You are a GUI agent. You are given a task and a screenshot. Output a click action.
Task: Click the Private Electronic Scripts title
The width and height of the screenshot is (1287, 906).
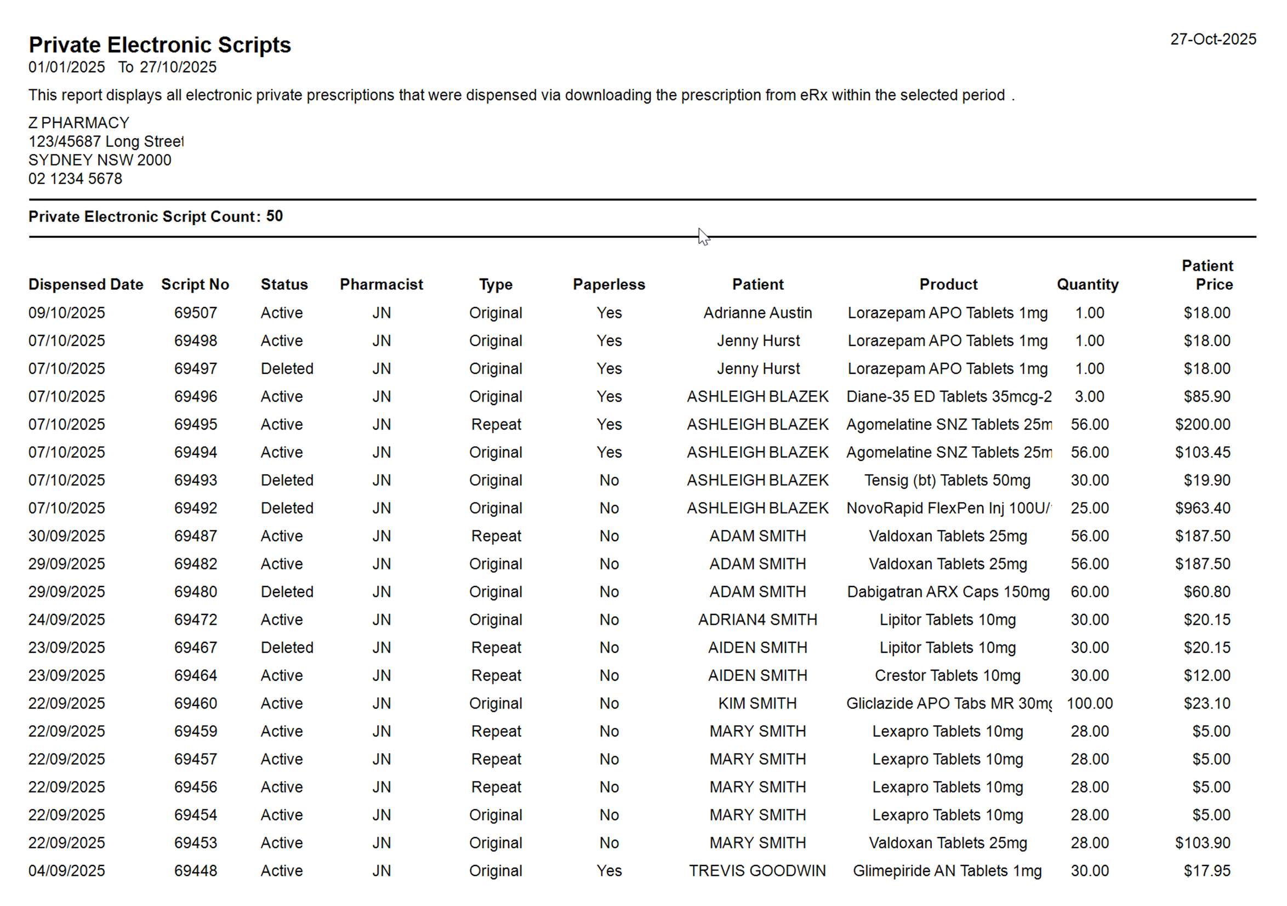point(160,45)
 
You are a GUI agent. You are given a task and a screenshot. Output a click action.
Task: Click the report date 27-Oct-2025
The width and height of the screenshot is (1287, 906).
point(1212,39)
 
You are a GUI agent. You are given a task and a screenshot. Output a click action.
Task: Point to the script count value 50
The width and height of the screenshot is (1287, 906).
point(274,216)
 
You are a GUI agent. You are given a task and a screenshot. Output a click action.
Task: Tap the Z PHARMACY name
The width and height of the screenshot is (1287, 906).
point(79,123)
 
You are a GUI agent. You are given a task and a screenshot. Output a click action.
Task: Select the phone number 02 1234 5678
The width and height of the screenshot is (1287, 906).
point(75,179)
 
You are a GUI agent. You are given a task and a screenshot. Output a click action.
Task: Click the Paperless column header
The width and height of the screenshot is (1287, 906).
point(609,285)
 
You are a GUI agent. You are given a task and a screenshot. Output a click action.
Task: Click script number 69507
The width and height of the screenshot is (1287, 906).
point(195,313)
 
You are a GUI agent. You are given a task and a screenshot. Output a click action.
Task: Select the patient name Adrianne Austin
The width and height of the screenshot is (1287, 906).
point(758,313)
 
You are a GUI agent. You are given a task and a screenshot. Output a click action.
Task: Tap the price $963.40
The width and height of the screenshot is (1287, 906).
point(1203,509)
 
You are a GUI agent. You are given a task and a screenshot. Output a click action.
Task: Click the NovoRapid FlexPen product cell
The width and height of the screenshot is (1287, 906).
point(948,509)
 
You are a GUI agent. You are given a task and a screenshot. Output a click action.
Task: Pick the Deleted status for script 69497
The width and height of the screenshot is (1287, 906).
point(287,369)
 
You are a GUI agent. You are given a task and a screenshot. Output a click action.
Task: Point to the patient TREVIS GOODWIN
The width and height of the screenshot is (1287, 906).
point(758,871)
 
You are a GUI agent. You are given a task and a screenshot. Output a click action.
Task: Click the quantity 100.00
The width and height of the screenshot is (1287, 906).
point(1089,704)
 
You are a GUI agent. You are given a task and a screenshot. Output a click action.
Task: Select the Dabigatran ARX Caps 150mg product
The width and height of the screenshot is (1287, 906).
point(948,592)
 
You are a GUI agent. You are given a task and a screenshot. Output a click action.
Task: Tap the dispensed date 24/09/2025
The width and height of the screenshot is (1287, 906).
point(67,620)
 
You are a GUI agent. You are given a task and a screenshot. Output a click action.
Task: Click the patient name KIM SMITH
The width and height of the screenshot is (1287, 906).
point(758,704)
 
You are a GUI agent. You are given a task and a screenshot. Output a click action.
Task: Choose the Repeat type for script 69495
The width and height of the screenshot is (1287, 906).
point(496,425)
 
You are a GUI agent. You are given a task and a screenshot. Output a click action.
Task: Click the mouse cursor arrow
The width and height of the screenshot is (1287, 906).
point(703,237)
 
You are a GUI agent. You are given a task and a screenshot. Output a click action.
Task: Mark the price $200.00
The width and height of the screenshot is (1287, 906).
point(1203,425)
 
